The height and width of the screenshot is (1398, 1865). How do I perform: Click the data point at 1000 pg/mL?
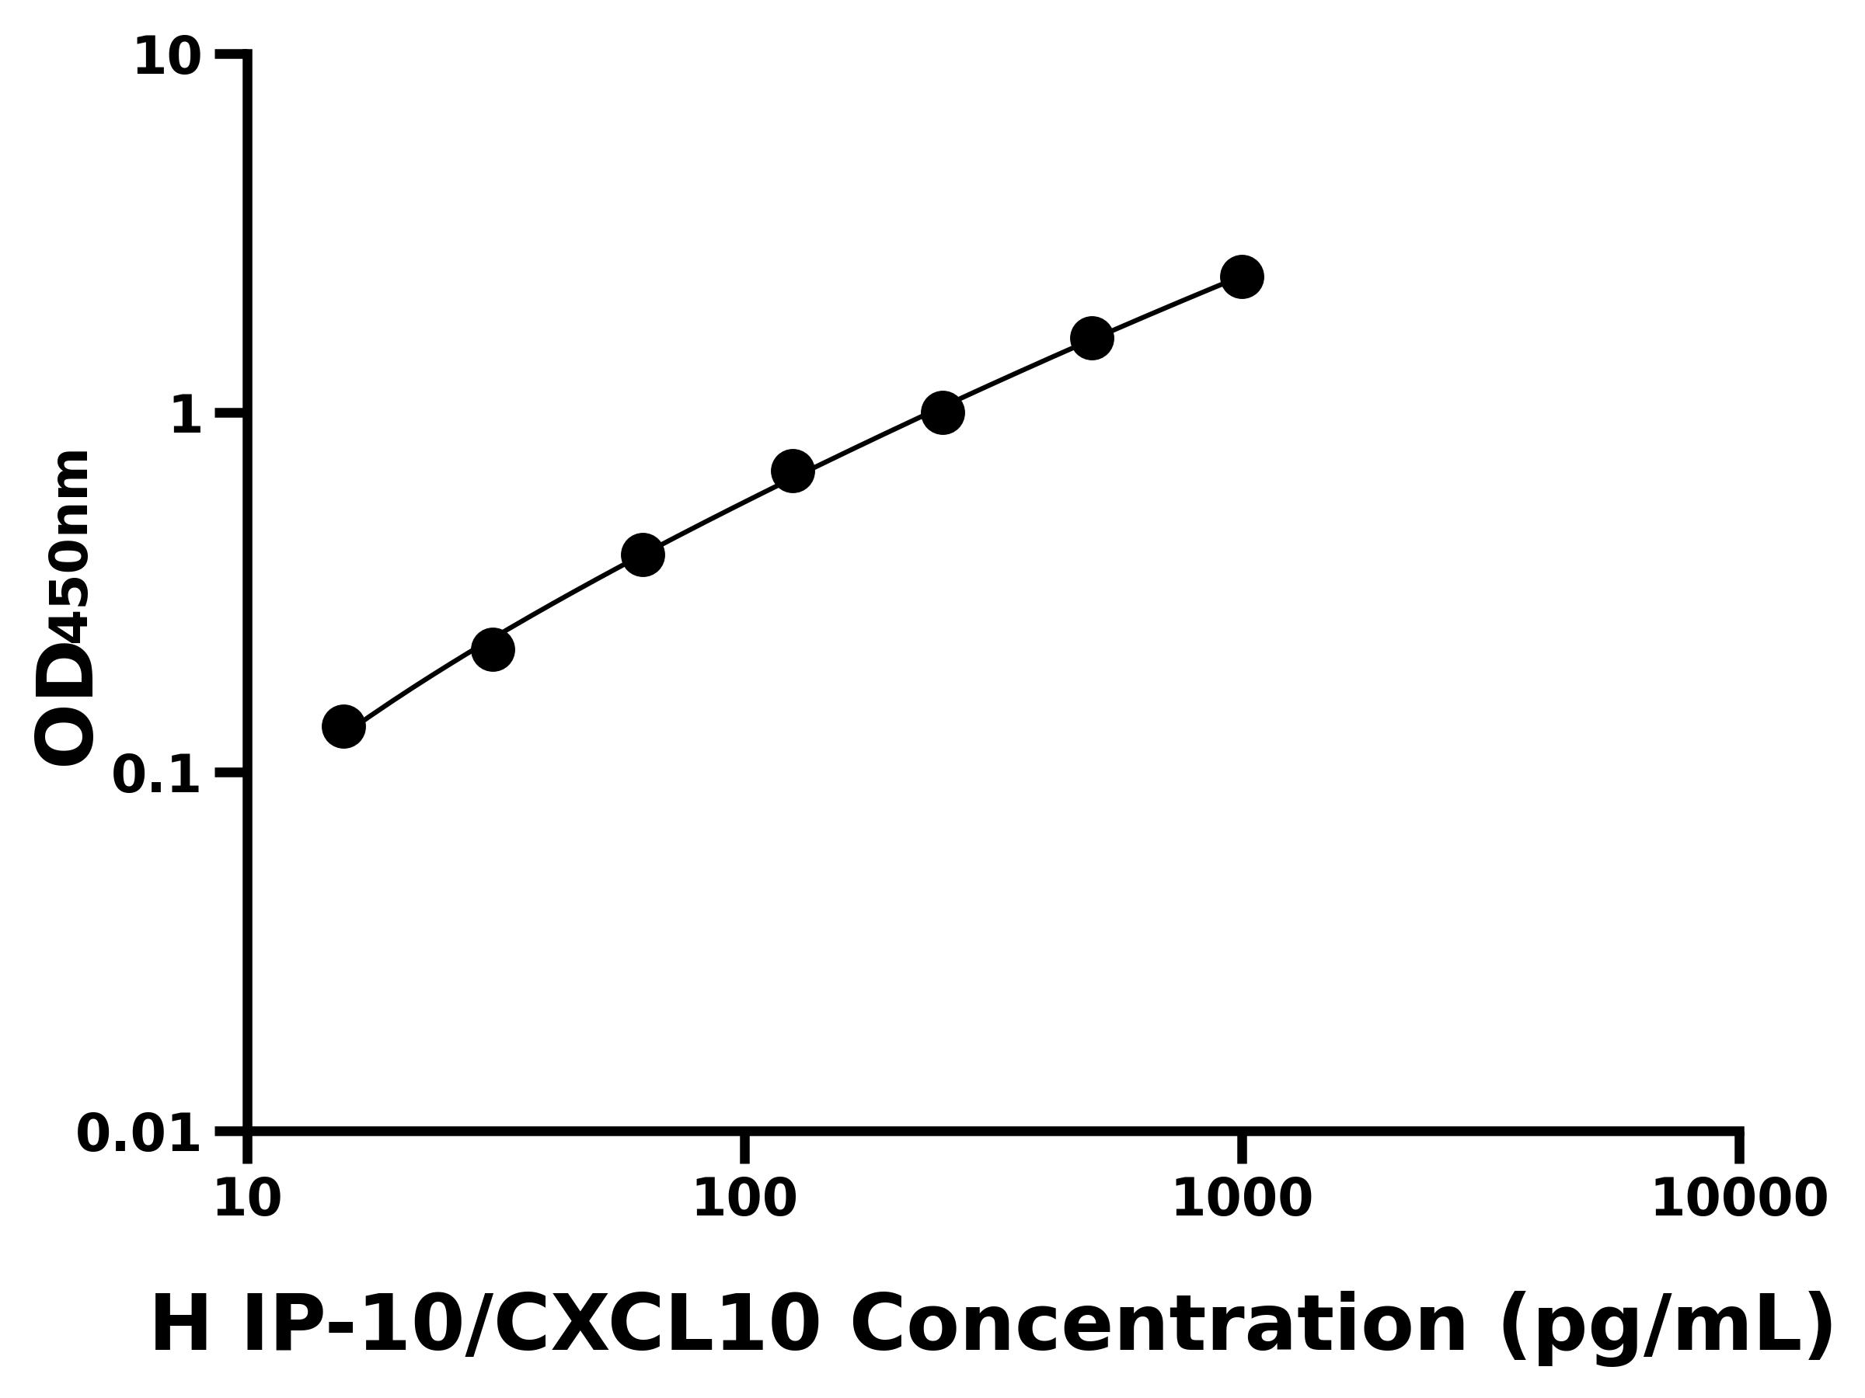[1241, 276]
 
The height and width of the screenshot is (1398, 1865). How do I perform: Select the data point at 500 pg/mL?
[1092, 338]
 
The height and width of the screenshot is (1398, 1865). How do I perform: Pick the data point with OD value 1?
[943, 412]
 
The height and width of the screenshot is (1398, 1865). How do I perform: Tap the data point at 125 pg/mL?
[793, 470]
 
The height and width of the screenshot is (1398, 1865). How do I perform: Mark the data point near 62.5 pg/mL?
[643, 555]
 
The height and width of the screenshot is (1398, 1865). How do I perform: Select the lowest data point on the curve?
[343, 726]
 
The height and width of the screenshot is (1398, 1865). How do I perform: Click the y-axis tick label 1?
[186, 416]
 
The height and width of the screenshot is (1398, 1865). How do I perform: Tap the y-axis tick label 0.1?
[157, 775]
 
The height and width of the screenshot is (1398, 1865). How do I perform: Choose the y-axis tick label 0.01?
[139, 1134]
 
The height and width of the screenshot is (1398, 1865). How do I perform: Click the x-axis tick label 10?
[247, 1198]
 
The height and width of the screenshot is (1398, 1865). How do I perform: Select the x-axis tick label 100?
[744, 1198]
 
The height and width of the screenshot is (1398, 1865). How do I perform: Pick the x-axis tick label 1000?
[1241, 1198]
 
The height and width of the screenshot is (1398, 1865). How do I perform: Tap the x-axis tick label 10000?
[1738, 1198]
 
